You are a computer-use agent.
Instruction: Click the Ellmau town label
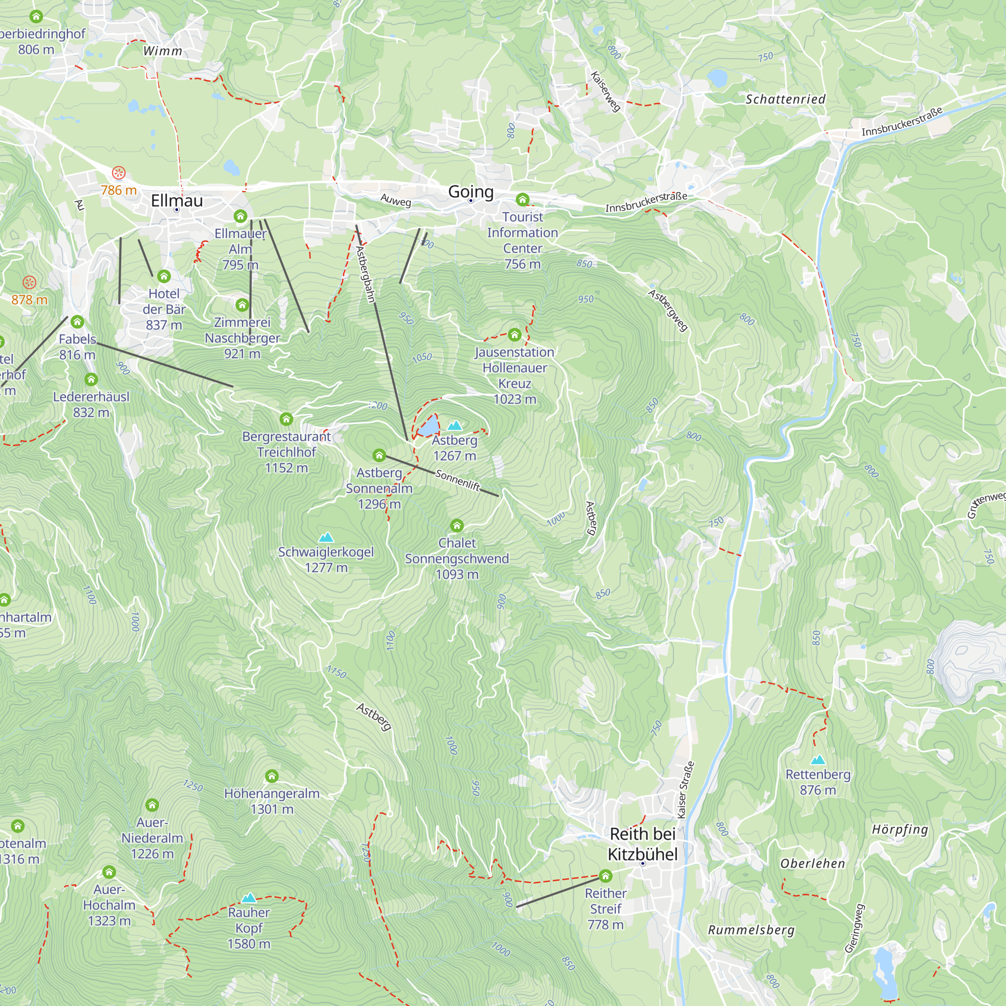[177, 201]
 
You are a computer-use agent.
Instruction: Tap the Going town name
[471, 192]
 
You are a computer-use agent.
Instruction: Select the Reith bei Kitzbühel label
[642, 844]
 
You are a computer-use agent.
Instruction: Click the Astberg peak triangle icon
[455, 426]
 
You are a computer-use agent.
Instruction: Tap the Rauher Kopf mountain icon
[249, 897]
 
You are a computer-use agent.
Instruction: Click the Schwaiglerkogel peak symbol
[326, 537]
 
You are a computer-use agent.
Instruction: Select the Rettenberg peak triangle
[817, 760]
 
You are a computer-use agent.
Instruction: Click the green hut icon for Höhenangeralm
[272, 776]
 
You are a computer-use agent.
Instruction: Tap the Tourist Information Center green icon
[522, 199]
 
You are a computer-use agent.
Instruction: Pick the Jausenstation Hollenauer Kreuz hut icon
[515, 334]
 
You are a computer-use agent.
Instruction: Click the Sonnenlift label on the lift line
[457, 479]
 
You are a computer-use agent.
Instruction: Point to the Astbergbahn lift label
[366, 274]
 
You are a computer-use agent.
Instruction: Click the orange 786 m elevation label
[119, 190]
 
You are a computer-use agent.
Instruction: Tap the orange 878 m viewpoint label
[29, 299]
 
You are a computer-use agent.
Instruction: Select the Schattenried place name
[785, 99]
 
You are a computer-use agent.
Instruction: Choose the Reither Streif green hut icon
[605, 875]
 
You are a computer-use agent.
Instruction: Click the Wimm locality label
[162, 51]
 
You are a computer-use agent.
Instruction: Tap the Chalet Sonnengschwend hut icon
[457, 526]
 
